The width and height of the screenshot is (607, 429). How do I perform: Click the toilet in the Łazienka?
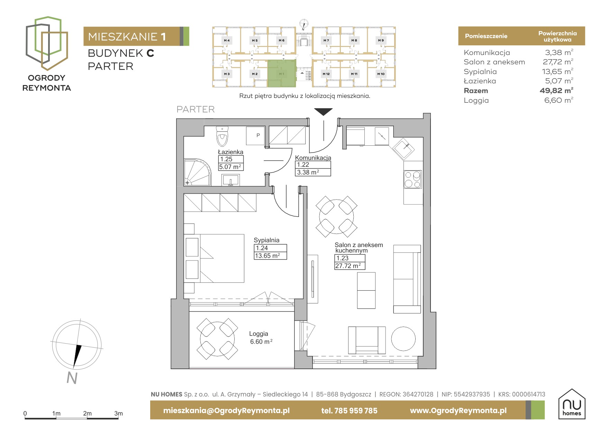point(222,136)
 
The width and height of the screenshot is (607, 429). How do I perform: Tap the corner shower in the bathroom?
point(197,172)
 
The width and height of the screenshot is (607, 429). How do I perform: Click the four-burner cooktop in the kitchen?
point(413,179)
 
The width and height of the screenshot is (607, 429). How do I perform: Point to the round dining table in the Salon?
point(336,217)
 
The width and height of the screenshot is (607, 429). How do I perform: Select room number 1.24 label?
point(262,248)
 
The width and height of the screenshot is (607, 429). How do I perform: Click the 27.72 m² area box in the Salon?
point(350,266)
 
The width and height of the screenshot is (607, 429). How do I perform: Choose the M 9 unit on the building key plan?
point(381,40)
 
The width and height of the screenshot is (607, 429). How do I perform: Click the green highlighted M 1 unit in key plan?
point(282,73)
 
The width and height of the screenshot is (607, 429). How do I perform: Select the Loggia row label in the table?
point(476,101)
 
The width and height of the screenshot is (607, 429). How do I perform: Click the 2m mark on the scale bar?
point(87,413)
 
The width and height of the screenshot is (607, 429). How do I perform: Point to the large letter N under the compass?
point(72,378)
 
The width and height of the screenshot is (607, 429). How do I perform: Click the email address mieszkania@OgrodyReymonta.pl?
point(226,411)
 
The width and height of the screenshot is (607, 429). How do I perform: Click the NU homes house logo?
point(572,404)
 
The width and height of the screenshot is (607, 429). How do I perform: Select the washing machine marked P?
point(255,136)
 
